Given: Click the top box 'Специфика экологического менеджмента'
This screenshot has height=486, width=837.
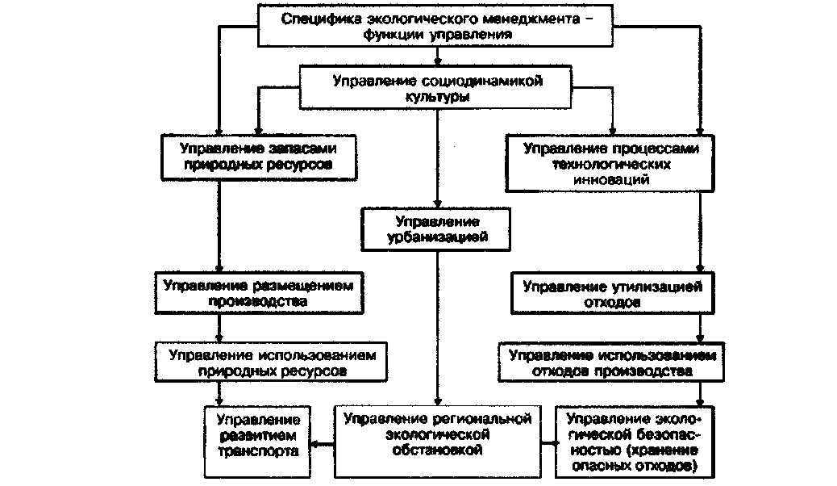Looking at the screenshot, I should pyautogui.click(x=436, y=27).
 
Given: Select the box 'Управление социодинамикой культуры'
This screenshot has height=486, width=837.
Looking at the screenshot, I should pyautogui.click(x=437, y=88).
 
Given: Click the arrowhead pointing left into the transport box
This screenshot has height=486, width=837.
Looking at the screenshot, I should pyautogui.click(x=316, y=443).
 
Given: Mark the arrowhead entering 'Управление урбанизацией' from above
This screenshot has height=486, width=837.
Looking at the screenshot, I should pyautogui.click(x=437, y=206).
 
